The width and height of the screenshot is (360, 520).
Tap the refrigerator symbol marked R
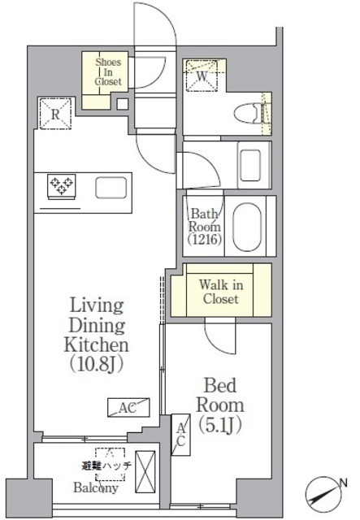click(x=54, y=114)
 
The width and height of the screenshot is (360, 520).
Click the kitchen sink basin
click(x=111, y=188)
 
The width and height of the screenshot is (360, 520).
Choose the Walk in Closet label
click(x=219, y=291)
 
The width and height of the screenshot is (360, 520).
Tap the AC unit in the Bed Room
click(x=182, y=435)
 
